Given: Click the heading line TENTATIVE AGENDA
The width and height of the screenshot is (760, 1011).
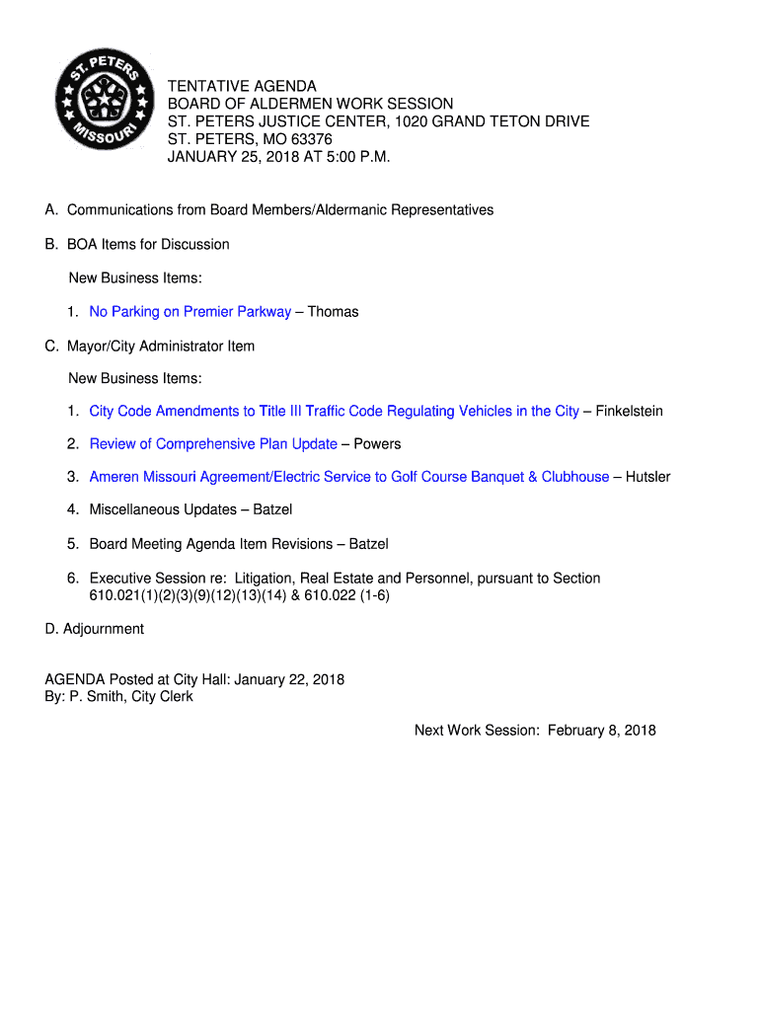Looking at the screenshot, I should tap(242, 87).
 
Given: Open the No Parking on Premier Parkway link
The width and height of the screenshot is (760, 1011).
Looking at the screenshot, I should tap(190, 312).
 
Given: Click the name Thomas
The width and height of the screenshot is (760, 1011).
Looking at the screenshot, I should tap(333, 312).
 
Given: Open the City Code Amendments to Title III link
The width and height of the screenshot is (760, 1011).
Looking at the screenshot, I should tap(334, 411).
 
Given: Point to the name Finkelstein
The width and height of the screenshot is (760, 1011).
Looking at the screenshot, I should tap(629, 411).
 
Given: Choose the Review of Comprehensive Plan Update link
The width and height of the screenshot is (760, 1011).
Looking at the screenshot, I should tap(213, 444).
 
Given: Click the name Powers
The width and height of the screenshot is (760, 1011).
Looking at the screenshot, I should tap(377, 444).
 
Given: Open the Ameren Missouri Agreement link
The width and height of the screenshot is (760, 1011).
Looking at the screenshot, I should tap(348, 477).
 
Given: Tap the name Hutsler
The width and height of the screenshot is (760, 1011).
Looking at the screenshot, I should tap(647, 477).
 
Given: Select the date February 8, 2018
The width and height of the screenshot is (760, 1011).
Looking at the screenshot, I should tap(602, 731).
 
